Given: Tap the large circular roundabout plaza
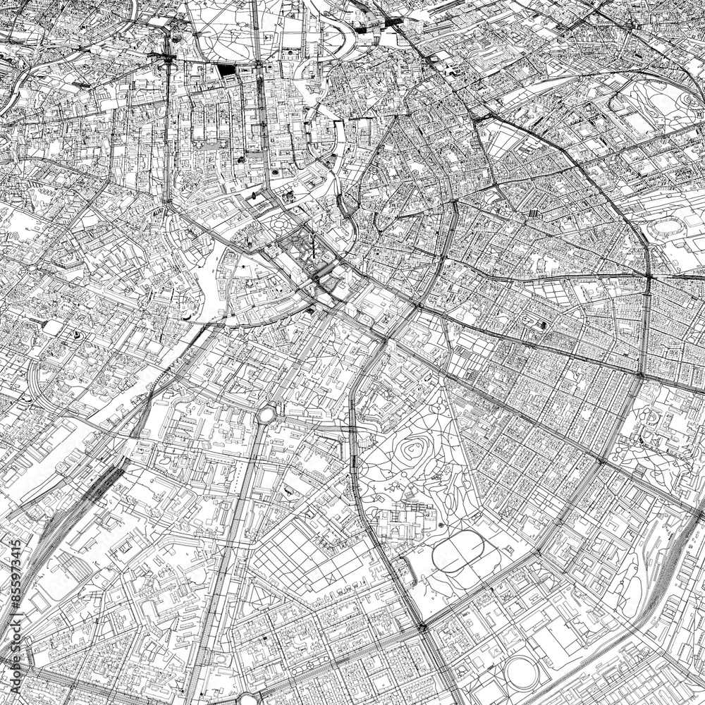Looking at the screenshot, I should (x=266, y=414).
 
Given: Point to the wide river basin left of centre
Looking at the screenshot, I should (x=211, y=282).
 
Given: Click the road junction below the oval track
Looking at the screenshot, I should (x=422, y=626).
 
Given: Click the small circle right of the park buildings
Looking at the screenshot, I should (x=441, y=525).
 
